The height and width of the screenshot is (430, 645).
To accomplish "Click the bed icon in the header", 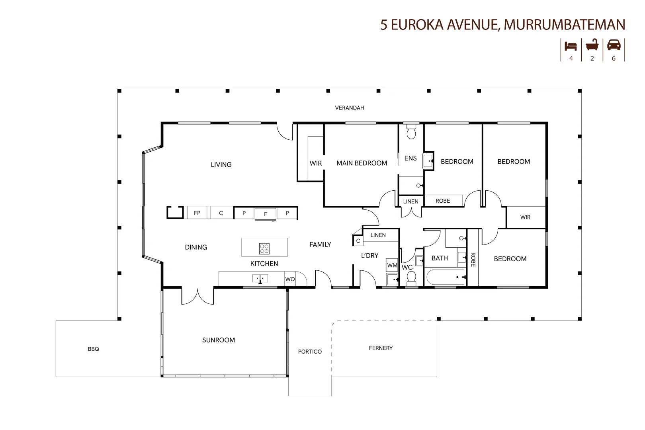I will tap(571, 46).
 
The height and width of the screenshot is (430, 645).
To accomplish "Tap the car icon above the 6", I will tap(614, 45).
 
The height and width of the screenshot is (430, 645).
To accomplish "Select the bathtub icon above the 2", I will tap(592, 45).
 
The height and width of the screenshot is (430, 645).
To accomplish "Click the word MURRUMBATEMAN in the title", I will tap(564, 25).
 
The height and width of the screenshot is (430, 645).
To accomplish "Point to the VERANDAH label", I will tap(349, 108).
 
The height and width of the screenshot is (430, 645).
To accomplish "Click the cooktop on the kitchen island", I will tap(264, 248).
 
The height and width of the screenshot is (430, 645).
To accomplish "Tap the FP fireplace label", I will tap(197, 213).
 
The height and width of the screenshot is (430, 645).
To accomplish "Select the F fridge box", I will tap(266, 214).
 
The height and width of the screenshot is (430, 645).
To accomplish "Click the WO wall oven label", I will tap(290, 279).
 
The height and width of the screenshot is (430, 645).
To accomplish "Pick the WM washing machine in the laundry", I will tap(392, 265).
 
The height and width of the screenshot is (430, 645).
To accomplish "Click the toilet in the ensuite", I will tap(411, 132).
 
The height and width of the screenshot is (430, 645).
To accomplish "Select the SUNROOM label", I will tap(219, 340).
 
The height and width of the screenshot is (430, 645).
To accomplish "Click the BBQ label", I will tap(94, 349).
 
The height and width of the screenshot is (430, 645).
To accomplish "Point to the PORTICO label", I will tap(310, 352).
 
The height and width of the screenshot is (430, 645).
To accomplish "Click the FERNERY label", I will tap(381, 348).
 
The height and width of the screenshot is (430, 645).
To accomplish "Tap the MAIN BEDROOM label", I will tap(362, 163).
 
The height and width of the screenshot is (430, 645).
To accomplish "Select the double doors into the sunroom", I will tap(198, 296).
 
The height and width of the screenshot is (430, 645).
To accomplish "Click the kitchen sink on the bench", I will tap(260, 278).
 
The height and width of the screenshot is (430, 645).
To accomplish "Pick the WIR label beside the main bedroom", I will tap(316, 163).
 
